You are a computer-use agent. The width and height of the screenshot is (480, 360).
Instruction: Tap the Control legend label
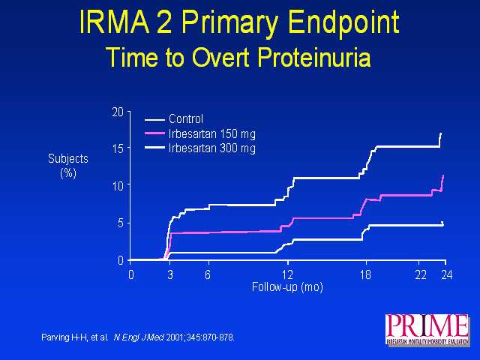pyautogui.click(x=186, y=118)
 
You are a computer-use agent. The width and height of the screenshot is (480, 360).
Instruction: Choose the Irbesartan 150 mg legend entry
pyautogui.click(x=212, y=133)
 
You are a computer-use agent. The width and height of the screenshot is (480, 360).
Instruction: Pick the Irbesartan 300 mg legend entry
pyautogui.click(x=212, y=148)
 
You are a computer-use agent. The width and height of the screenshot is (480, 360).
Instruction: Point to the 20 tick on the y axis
pyautogui.click(x=117, y=112)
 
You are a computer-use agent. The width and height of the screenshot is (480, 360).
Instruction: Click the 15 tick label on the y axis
pyautogui.click(x=117, y=148)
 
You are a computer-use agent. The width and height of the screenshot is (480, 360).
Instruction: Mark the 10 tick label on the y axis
pyautogui.click(x=117, y=185)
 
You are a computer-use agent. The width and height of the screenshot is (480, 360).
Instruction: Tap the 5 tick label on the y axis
pyautogui.click(x=120, y=222)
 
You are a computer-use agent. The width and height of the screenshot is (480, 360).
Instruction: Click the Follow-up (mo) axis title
pyautogui.click(x=287, y=286)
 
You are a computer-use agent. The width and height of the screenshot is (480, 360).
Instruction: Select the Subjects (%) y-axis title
pyautogui.click(x=68, y=166)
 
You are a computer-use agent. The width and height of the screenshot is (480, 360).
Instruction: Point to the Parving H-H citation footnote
pyautogui.click(x=138, y=337)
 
